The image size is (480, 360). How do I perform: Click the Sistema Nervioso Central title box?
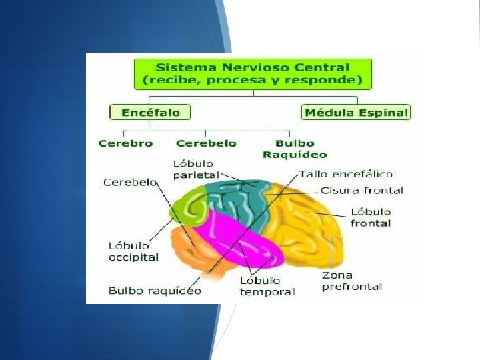click(x=253, y=73)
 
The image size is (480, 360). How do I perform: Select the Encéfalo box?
click(x=150, y=112)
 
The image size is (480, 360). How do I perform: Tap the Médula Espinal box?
click(x=356, y=112)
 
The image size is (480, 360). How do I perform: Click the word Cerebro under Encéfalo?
click(x=125, y=143)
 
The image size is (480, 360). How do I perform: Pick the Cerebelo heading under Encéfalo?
click(x=206, y=143)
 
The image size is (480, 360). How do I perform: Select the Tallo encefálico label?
click(x=345, y=174)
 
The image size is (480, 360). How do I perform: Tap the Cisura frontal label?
click(x=362, y=191)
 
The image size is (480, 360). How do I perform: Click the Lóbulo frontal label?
click(x=371, y=217)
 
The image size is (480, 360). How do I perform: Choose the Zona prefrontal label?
click(x=352, y=281)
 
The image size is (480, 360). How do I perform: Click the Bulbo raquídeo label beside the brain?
click(x=155, y=291)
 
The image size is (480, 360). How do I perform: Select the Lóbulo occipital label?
click(x=133, y=251)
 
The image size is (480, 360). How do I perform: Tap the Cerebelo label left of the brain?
click(x=130, y=181)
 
